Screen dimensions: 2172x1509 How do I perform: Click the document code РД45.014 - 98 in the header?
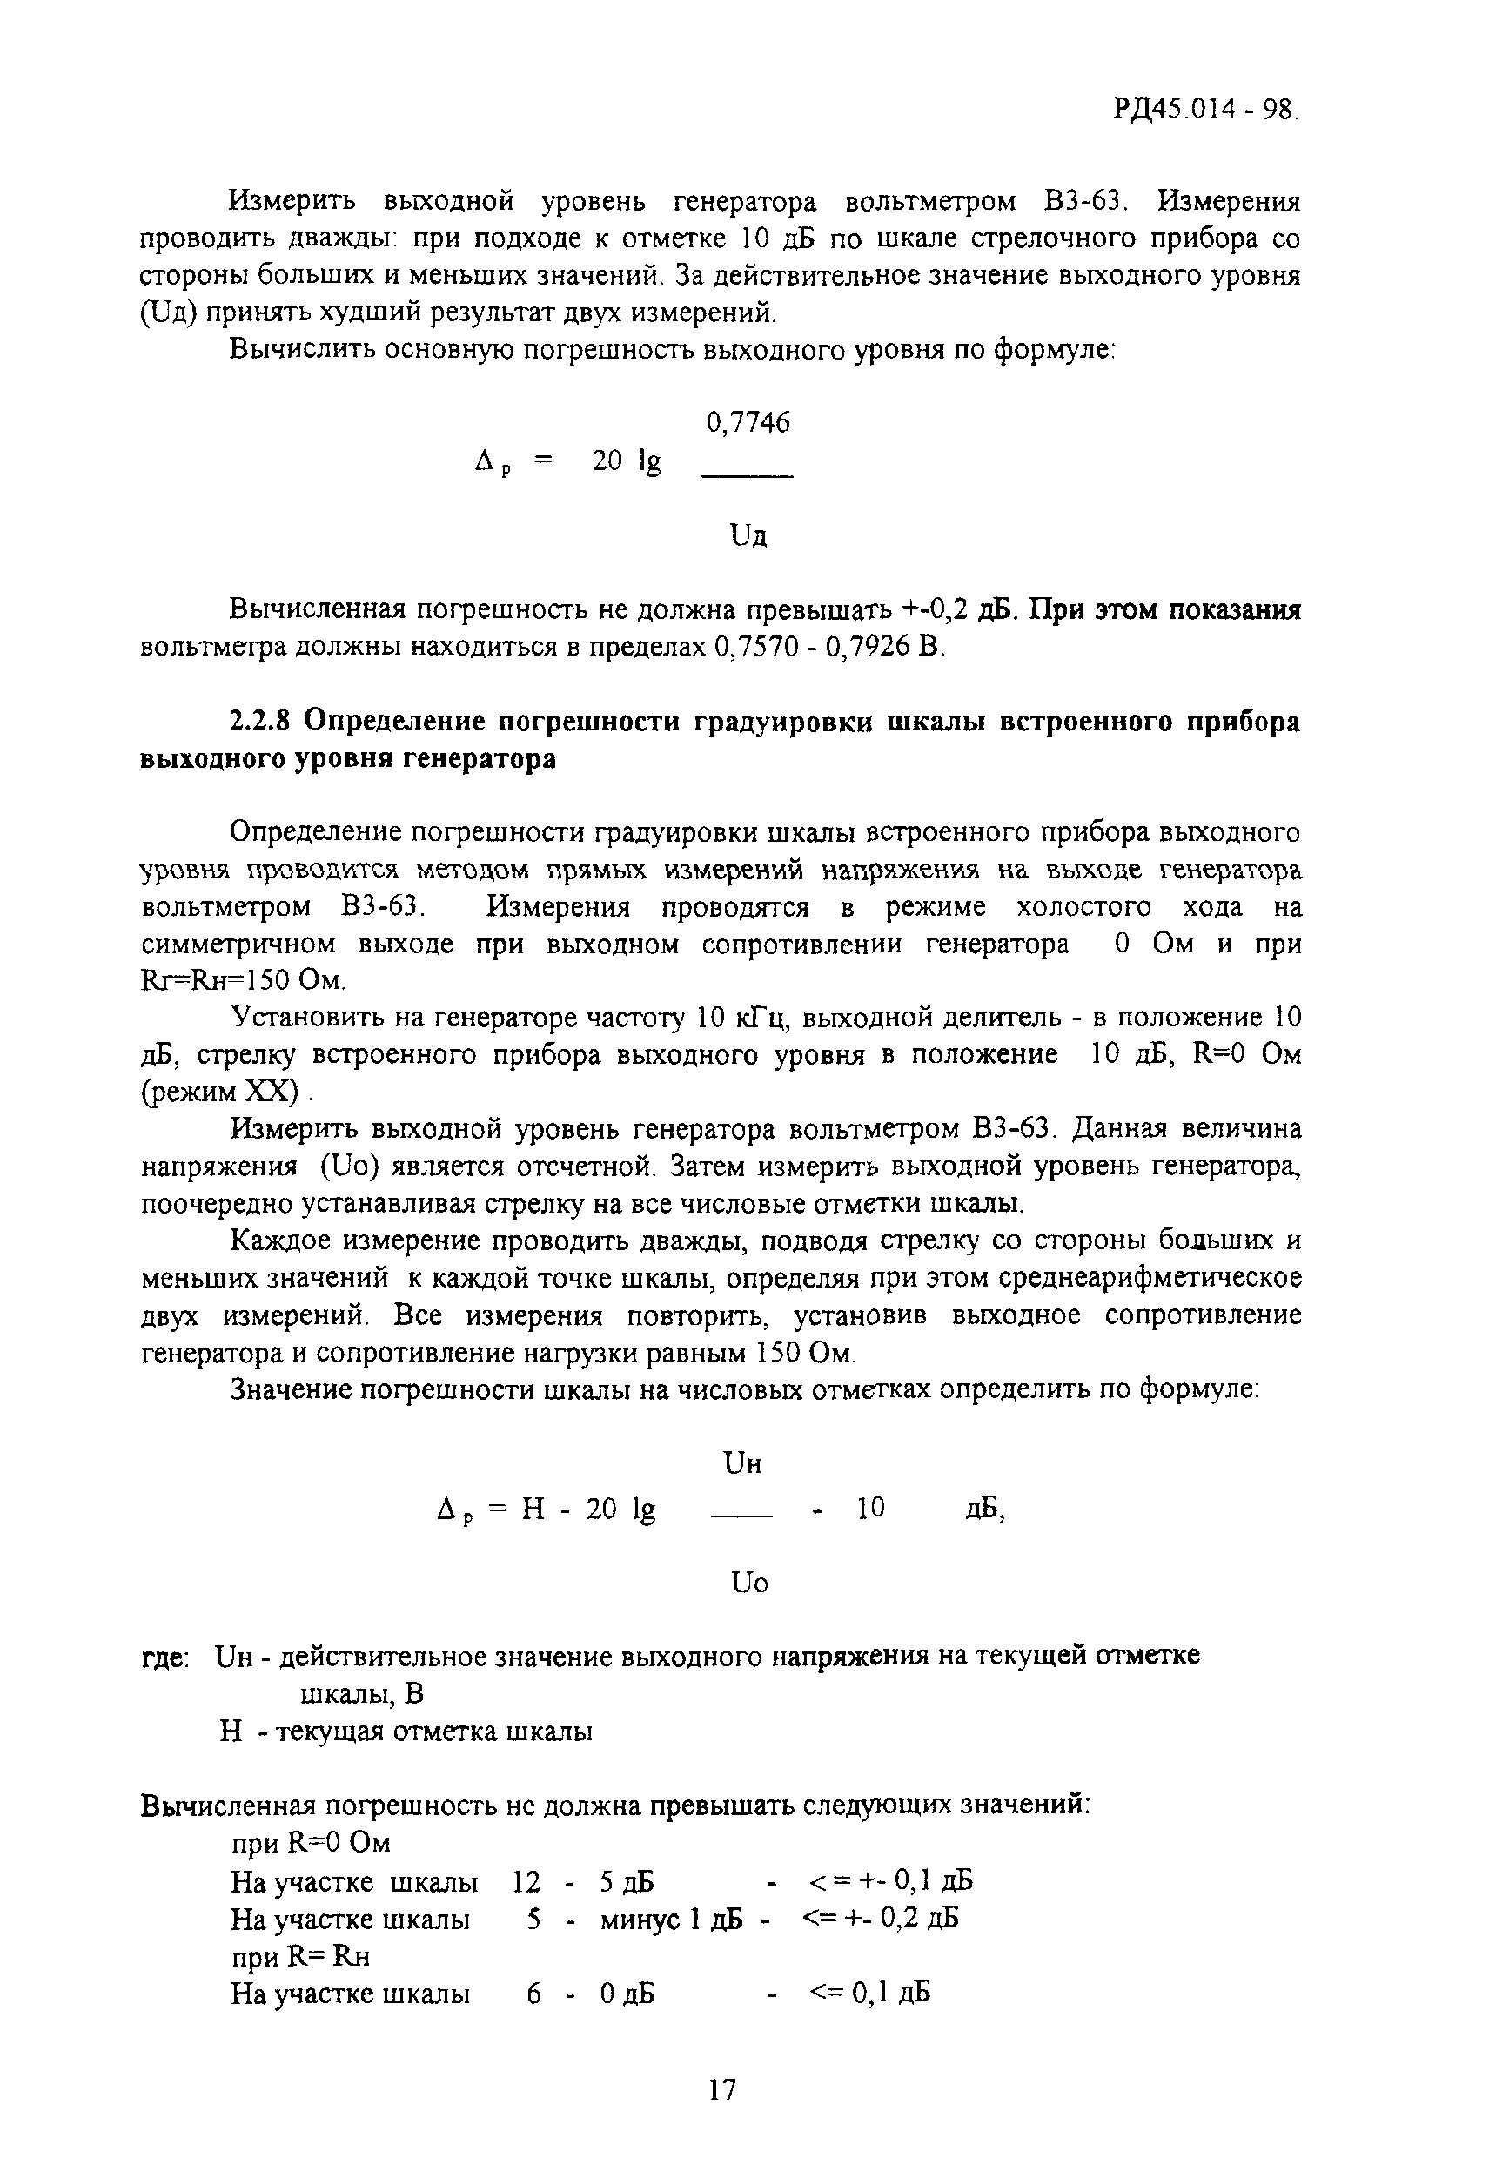(1204, 110)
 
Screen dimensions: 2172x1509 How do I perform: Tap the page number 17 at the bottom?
(721, 2088)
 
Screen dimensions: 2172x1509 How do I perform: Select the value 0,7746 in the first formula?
(748, 423)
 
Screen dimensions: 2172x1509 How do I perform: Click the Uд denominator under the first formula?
(748, 537)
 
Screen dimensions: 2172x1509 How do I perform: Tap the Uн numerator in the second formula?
(742, 1463)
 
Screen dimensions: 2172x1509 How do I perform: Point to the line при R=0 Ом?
(311, 1843)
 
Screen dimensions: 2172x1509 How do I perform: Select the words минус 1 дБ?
(671, 1918)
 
